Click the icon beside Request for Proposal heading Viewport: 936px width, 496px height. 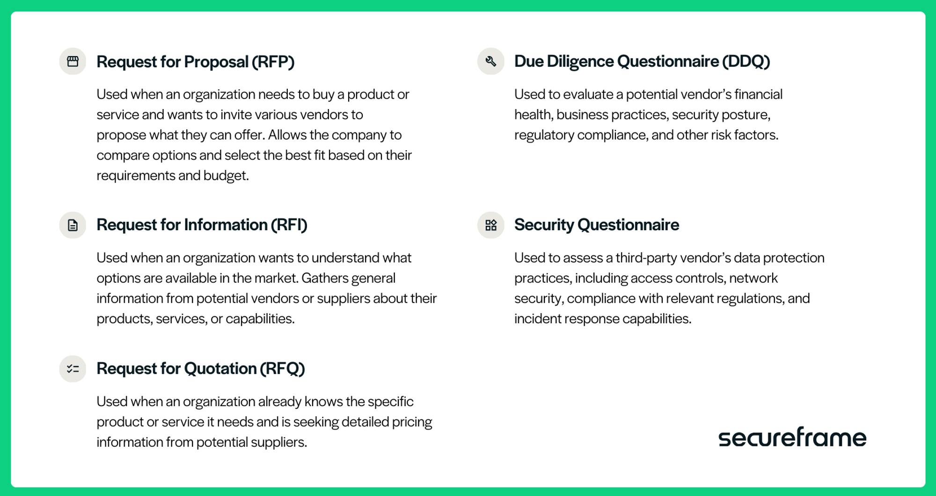(x=73, y=61)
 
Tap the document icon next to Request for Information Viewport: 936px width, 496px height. (x=73, y=225)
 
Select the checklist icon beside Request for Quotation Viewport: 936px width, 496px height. (x=73, y=369)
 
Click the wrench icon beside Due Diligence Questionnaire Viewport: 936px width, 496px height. (x=490, y=61)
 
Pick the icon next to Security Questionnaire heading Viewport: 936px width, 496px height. (x=490, y=225)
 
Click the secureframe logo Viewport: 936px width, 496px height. (x=792, y=437)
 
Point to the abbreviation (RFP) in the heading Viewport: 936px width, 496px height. (x=273, y=62)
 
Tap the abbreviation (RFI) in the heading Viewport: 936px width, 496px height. (x=289, y=225)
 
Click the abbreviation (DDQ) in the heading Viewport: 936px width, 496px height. (x=746, y=61)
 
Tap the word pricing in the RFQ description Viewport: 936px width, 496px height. (x=412, y=422)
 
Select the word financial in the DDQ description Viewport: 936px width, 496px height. (x=758, y=94)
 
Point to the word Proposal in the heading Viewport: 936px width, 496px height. (x=216, y=62)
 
